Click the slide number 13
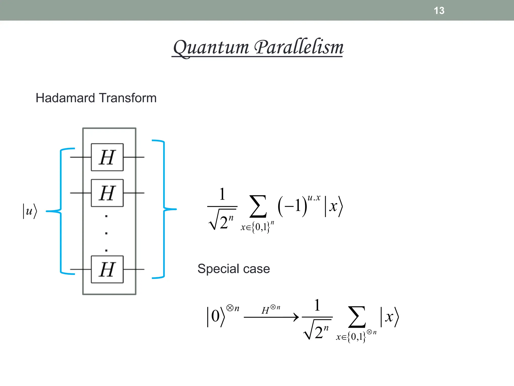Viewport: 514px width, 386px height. [x=439, y=11]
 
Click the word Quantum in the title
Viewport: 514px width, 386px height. [x=211, y=48]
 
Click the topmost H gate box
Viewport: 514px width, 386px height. [x=107, y=157]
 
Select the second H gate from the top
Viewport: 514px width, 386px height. [x=107, y=193]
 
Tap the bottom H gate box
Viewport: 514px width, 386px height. [x=107, y=269]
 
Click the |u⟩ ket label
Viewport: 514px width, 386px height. [x=30, y=211]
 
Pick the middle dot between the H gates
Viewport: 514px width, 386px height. [x=106, y=233]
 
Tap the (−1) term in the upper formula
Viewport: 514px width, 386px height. [x=292, y=206]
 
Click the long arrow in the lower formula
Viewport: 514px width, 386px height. [x=271, y=317]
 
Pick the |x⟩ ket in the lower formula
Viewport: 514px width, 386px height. [x=390, y=317]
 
